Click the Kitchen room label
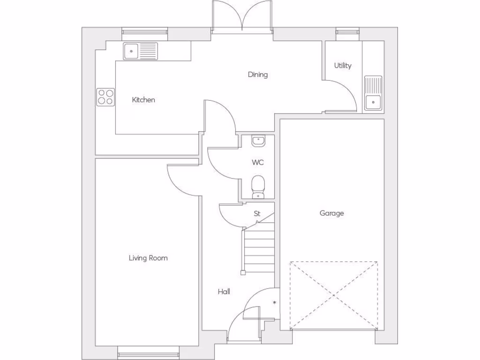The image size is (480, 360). [x=143, y=100]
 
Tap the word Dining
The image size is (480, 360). [x=257, y=75]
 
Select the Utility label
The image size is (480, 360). [x=343, y=66]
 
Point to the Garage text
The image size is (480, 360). [x=331, y=213]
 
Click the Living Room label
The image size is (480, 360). [x=148, y=258]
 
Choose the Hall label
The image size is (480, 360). [x=224, y=292]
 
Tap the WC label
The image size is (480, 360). [x=257, y=163]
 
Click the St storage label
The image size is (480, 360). [x=257, y=214]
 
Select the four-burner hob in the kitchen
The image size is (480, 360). [x=105, y=97]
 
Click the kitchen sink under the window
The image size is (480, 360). [x=141, y=51]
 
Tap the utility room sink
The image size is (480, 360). [x=373, y=93]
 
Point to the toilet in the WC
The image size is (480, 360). [x=258, y=187]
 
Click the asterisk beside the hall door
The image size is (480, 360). [x=274, y=303]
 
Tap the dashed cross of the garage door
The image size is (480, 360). [x=333, y=295]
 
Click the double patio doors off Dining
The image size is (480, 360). [x=242, y=17]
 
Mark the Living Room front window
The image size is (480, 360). [x=148, y=352]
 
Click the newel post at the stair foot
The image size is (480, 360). [x=243, y=272]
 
